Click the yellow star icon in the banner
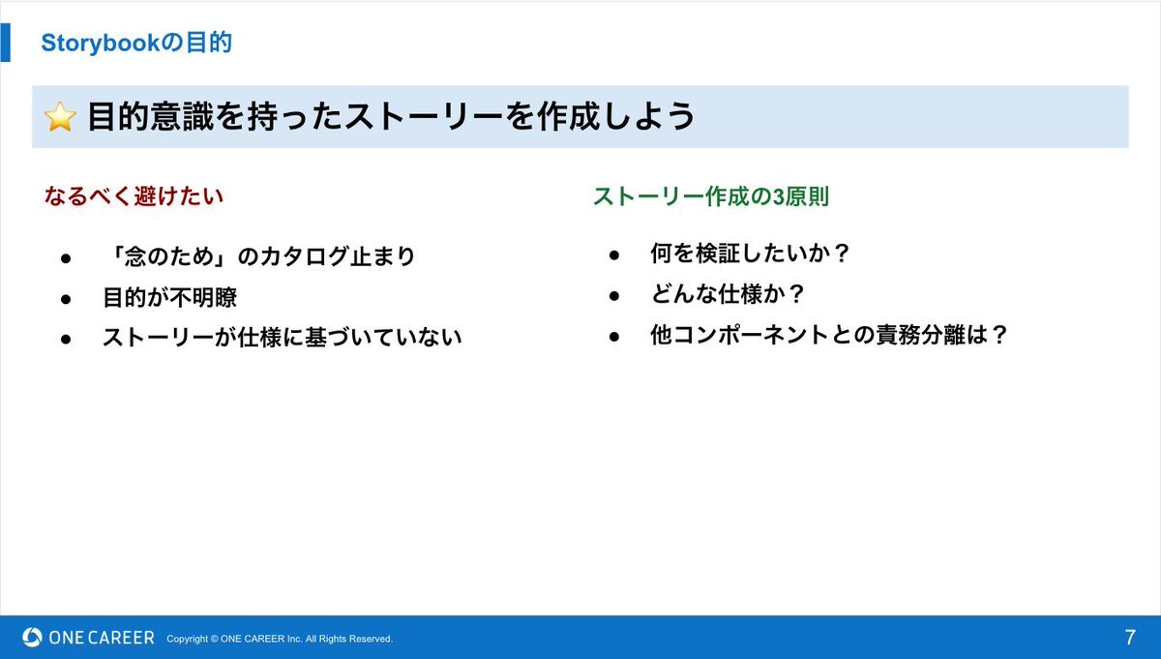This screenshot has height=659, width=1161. [x=60, y=116]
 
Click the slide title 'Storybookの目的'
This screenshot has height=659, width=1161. [x=136, y=43]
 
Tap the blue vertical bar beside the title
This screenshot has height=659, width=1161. [x=5, y=43]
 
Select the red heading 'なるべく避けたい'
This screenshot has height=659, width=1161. [x=134, y=196]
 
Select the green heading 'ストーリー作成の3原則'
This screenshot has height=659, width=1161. [x=711, y=196]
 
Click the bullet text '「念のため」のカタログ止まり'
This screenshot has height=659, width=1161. [x=259, y=256]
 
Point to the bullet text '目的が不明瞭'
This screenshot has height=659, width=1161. [x=170, y=297]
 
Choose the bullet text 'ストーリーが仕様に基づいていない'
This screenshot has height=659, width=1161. [x=282, y=337]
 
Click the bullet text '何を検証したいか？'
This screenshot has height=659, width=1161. [x=750, y=253]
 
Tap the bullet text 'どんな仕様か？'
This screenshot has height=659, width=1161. [x=728, y=294]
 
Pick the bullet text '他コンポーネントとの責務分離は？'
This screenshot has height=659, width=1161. [x=828, y=335]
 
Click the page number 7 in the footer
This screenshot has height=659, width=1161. [x=1130, y=637]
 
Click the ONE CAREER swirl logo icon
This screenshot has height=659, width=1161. [x=32, y=637]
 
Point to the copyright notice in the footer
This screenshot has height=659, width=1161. [x=280, y=639]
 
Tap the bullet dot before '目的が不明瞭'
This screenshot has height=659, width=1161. [x=66, y=299]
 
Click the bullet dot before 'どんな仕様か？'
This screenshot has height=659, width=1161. [x=614, y=295]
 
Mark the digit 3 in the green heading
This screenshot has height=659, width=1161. [x=779, y=196]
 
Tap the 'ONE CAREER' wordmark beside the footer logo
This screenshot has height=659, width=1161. [x=102, y=638]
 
